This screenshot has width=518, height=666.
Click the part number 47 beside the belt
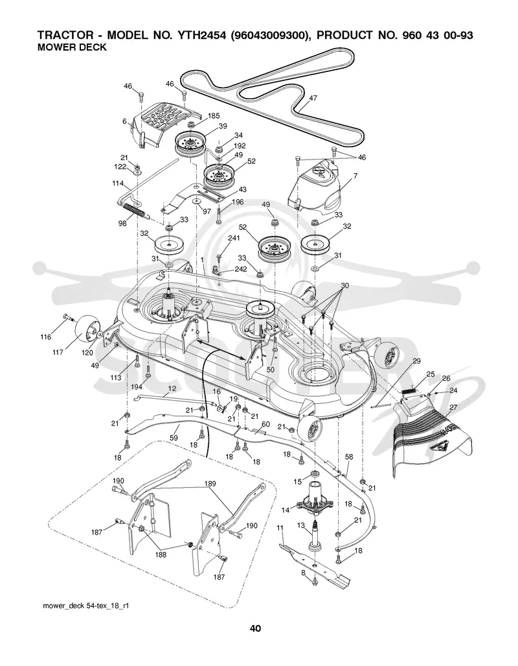click(313, 98)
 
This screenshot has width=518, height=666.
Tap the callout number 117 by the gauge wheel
click(58, 352)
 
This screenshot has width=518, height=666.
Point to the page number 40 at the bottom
click(255, 628)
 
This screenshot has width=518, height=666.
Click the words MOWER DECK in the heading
click(72, 47)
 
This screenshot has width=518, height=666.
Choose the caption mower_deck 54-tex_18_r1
click(85, 605)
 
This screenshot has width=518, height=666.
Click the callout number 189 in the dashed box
click(210, 483)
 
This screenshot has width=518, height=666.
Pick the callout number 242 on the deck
click(240, 269)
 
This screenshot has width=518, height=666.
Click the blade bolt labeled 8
click(315, 582)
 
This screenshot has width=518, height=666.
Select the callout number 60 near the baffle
click(265, 424)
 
